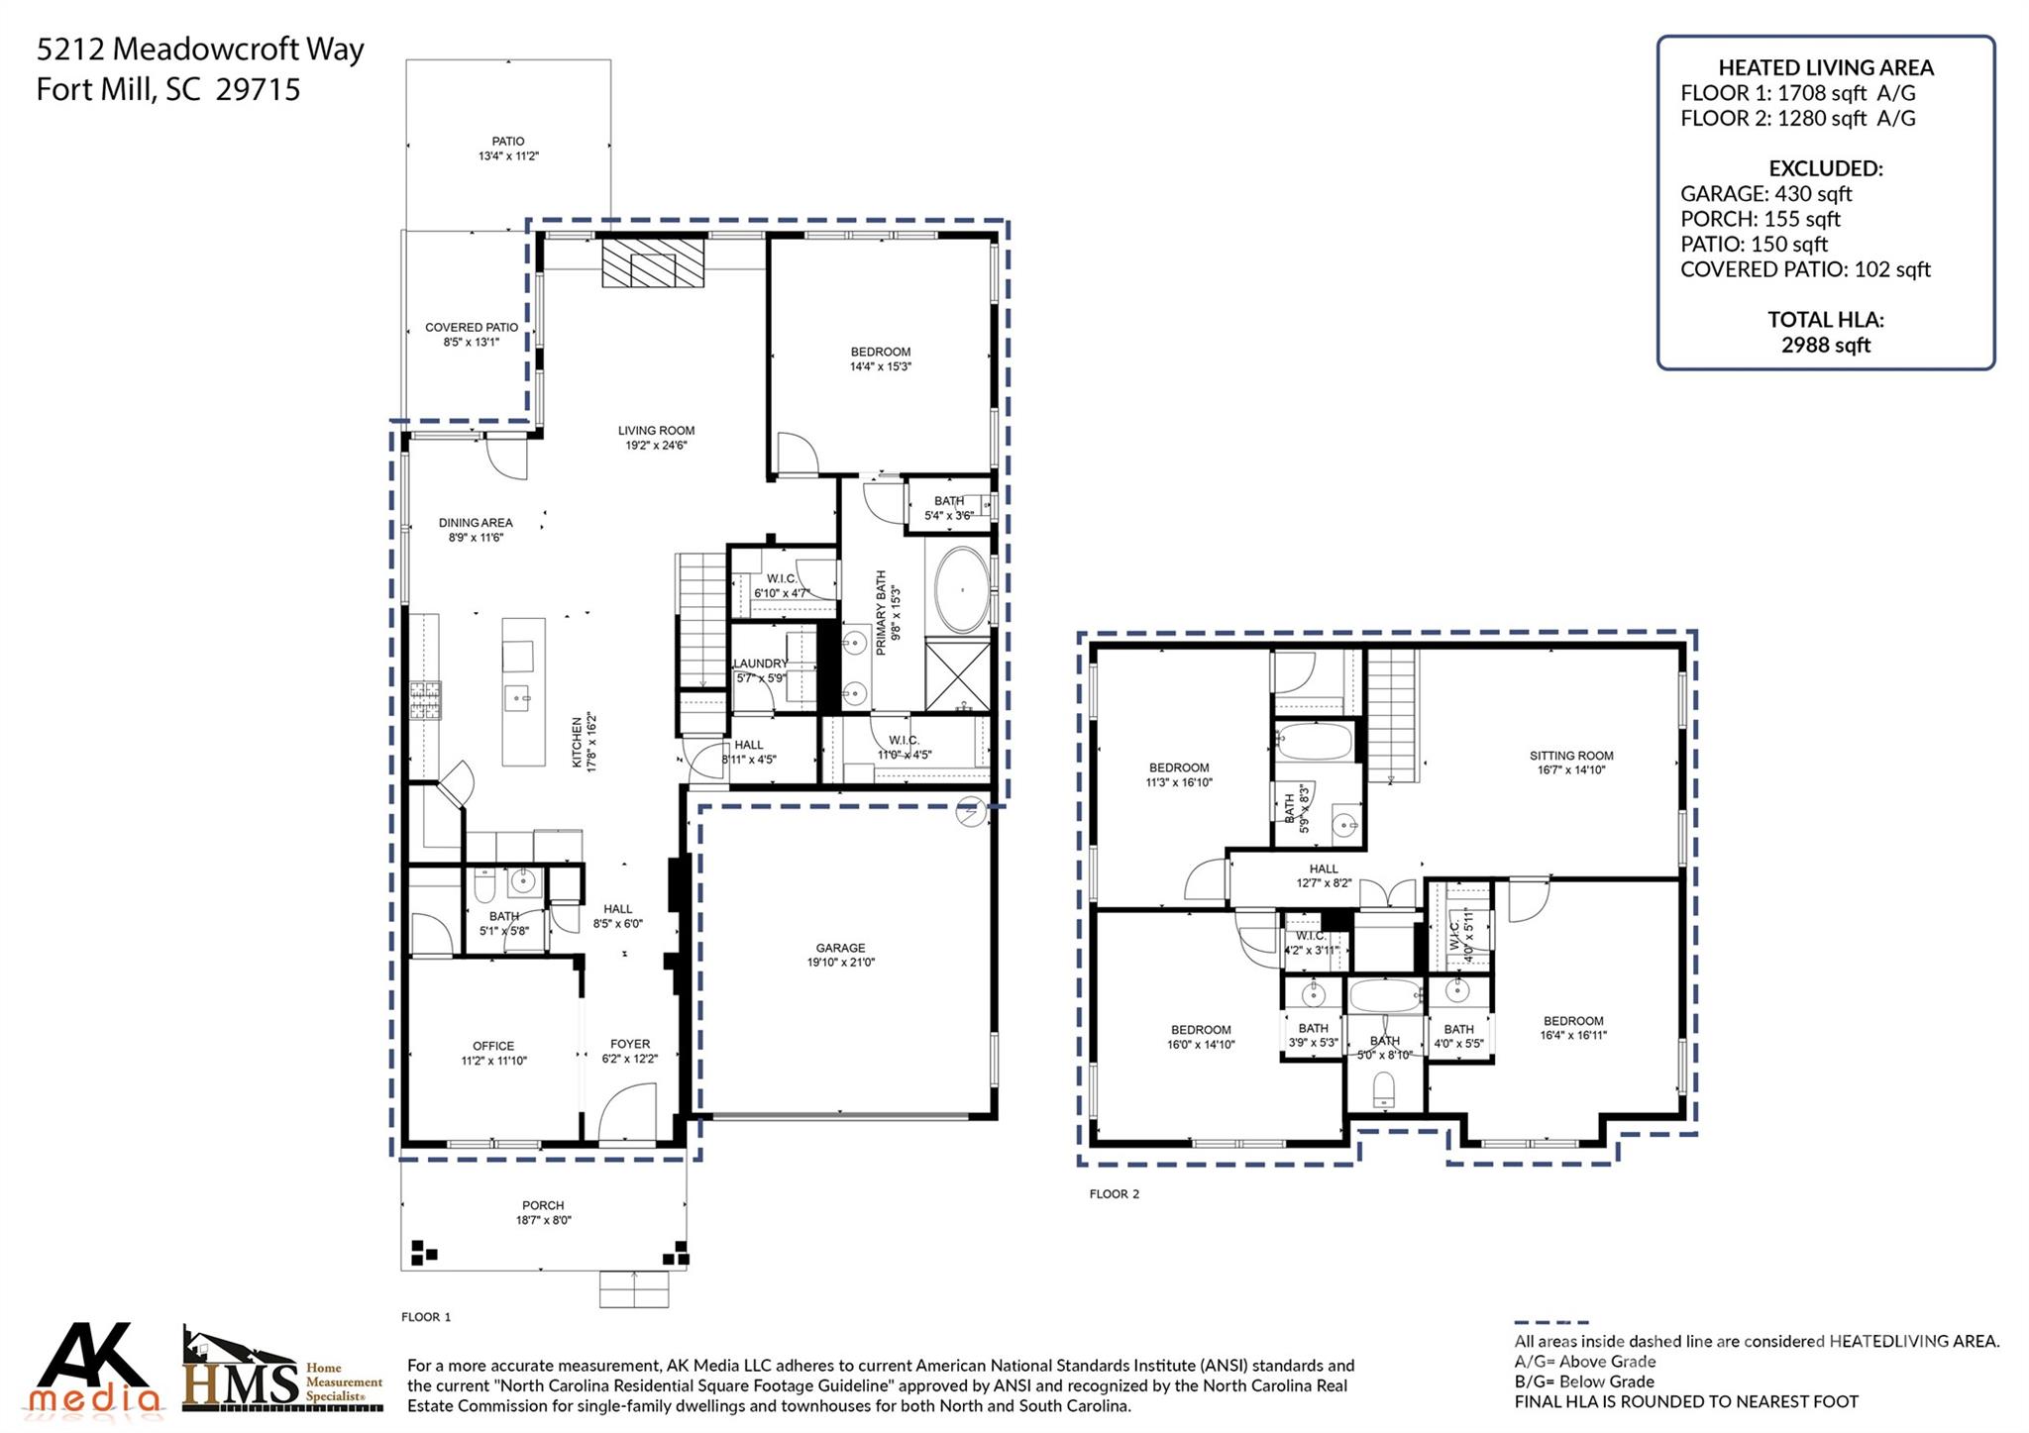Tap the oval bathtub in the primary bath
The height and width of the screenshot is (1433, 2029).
[x=961, y=591]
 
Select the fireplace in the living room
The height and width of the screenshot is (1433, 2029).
[x=653, y=262]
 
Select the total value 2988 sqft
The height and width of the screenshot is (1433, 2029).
[x=1825, y=345]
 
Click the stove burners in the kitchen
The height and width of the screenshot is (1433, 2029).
[x=425, y=699]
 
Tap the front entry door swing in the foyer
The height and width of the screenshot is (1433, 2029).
[x=629, y=1113]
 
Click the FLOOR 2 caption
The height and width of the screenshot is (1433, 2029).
[x=1114, y=1193]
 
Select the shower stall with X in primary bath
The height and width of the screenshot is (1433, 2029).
[x=957, y=675]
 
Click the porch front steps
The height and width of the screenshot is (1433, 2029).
[x=633, y=1288]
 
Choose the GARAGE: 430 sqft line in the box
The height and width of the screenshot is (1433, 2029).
[x=1765, y=194]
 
